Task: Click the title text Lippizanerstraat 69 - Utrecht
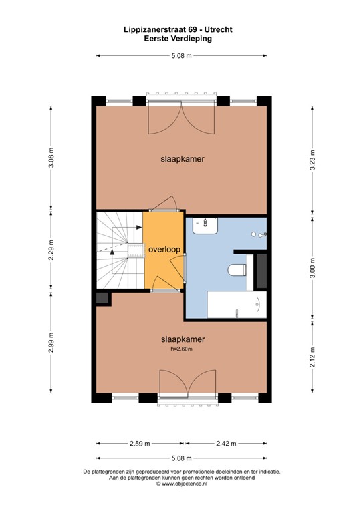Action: coord(182,30)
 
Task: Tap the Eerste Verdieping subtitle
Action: coord(182,39)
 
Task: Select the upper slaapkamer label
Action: coord(182,159)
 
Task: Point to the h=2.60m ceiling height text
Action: coord(182,349)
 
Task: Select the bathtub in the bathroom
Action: coord(234,304)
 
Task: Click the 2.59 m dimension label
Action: coord(141,443)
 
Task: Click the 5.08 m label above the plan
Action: coord(182,56)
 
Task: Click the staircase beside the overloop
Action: coord(119,250)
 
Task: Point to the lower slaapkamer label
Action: coord(182,339)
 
